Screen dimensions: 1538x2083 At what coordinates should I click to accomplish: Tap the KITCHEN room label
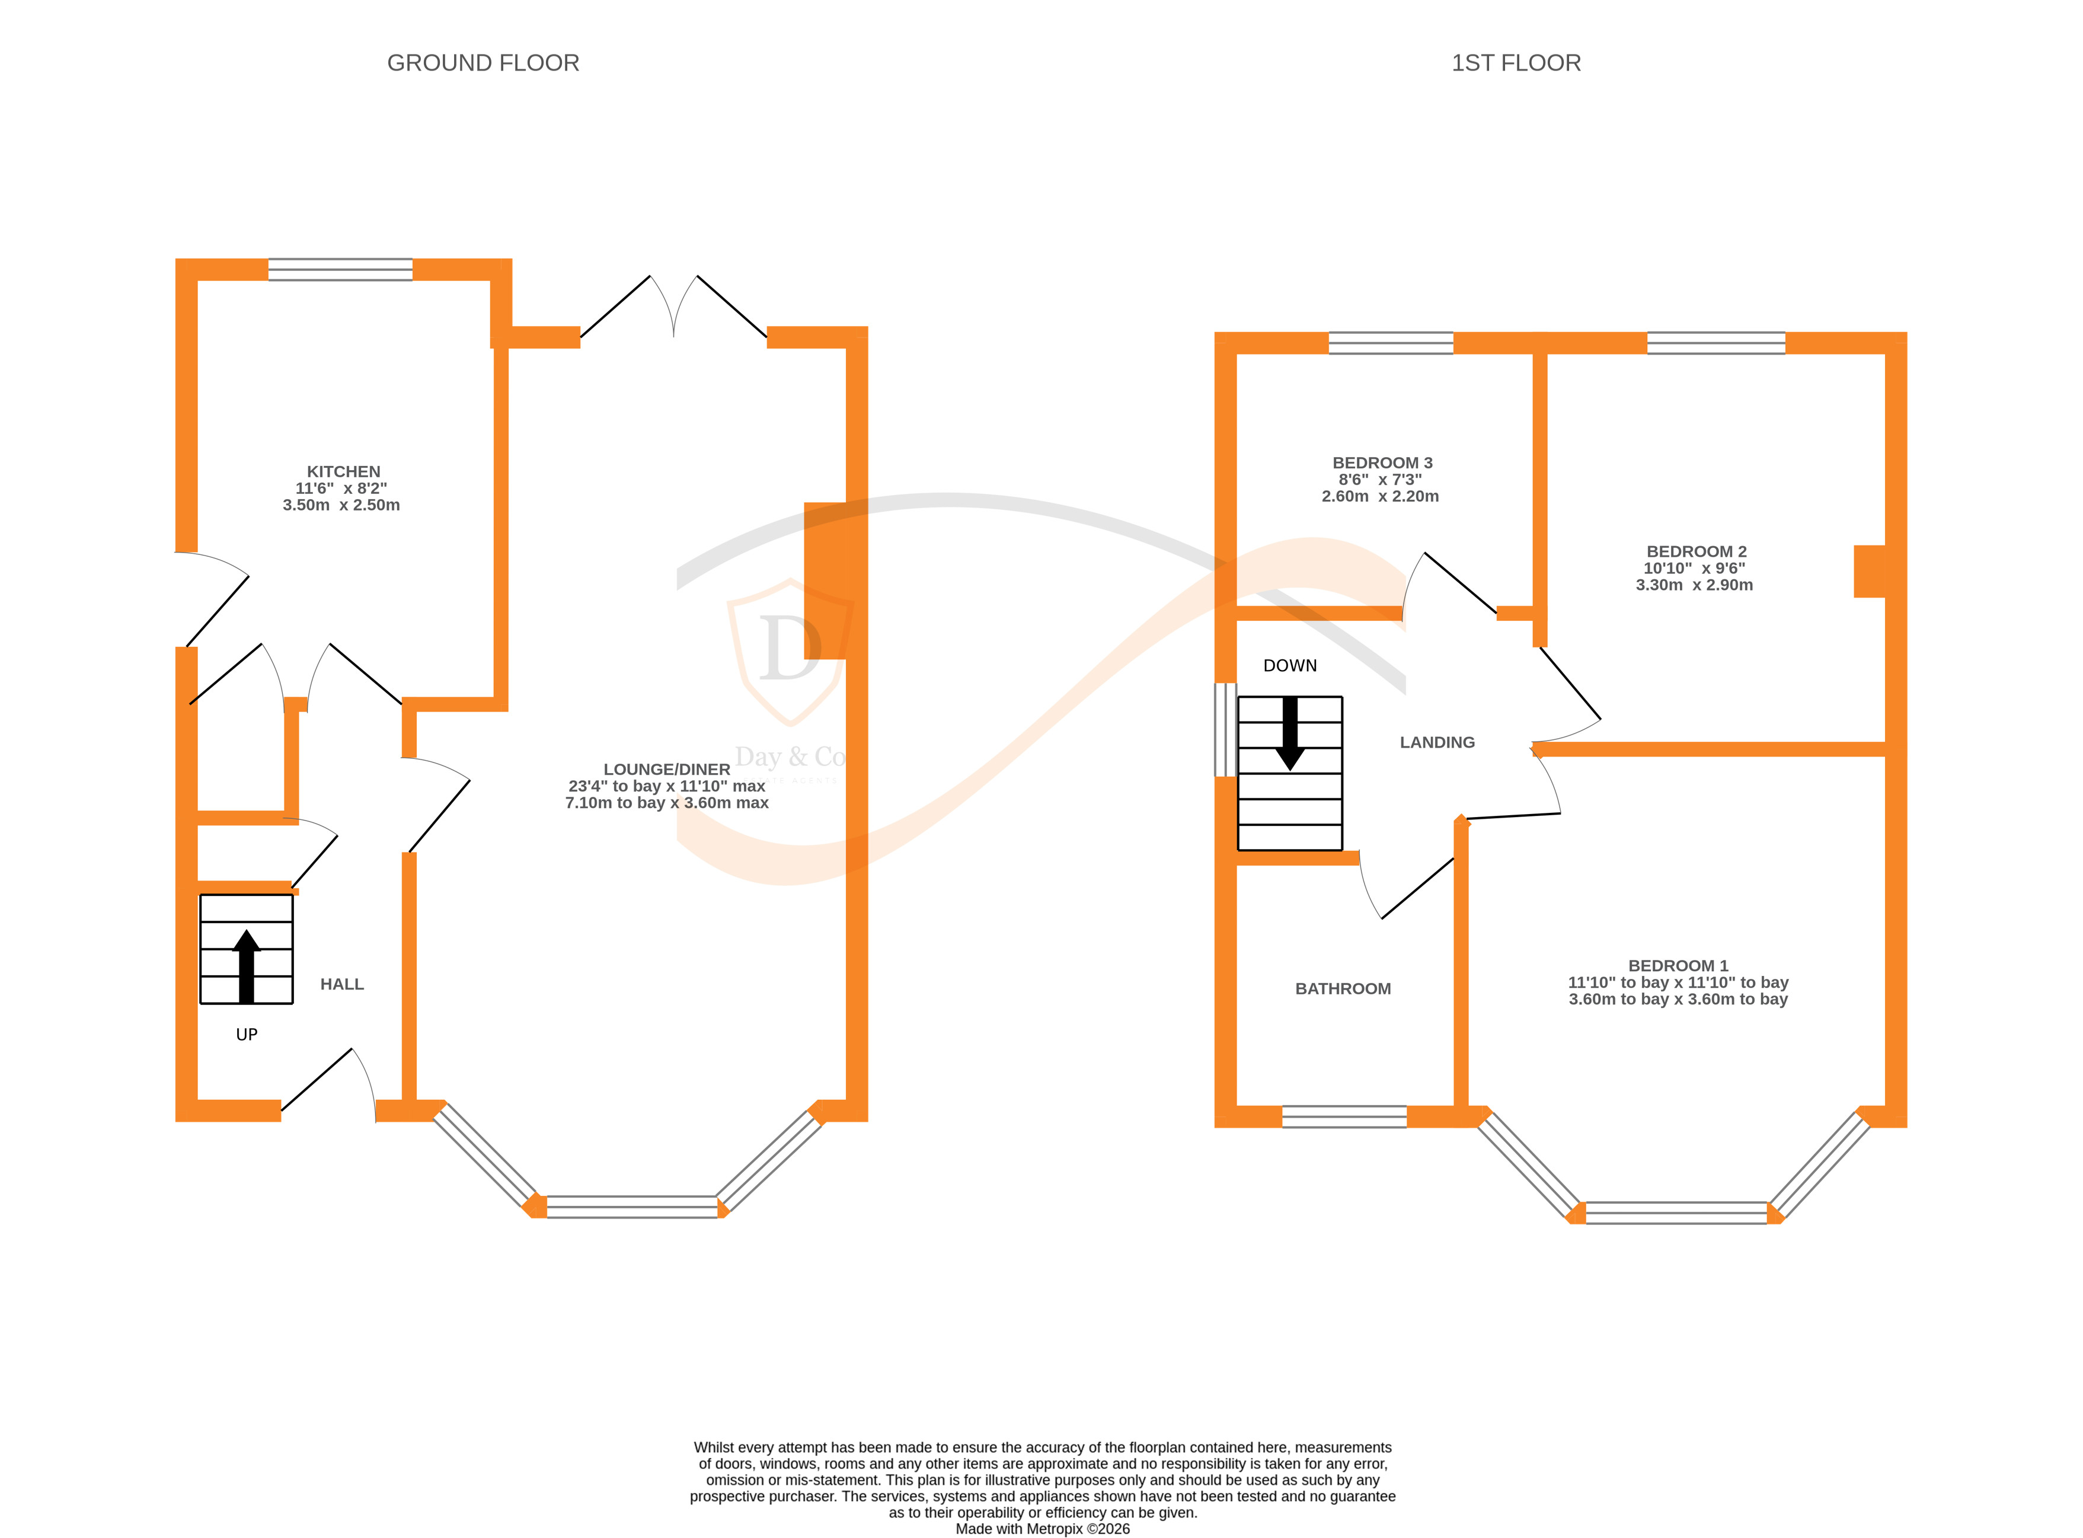point(343,471)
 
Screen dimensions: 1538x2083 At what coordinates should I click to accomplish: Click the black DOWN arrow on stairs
point(1289,733)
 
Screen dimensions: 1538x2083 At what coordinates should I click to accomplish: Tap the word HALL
point(341,984)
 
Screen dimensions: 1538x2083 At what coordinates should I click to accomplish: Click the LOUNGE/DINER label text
point(666,769)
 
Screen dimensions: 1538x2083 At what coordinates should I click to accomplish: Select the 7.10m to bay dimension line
point(666,803)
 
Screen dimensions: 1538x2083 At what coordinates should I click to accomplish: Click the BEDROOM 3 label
point(1382,462)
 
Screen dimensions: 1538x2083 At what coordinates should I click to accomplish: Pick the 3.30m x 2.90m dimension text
point(1694,585)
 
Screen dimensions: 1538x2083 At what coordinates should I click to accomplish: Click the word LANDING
point(1437,742)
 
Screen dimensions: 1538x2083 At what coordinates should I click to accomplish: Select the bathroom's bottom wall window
point(1344,1116)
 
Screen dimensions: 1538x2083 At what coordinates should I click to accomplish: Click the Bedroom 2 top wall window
point(1715,343)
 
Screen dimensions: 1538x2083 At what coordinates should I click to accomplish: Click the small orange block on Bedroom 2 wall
point(1869,571)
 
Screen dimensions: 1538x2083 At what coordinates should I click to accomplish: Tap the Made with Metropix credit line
point(1043,1529)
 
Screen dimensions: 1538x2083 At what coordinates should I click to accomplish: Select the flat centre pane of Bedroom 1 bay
point(1675,1212)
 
